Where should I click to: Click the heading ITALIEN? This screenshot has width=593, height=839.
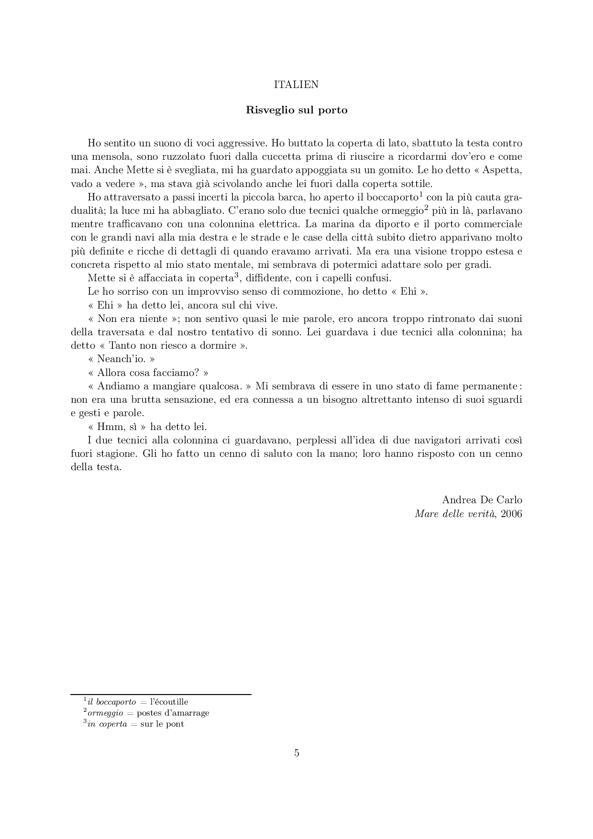point(296,85)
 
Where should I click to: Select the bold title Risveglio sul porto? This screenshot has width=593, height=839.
point(296,110)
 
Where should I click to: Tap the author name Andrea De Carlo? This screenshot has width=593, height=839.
point(482,500)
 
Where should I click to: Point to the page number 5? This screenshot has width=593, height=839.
point(296,753)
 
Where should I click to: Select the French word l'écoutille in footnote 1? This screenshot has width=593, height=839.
point(169,702)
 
